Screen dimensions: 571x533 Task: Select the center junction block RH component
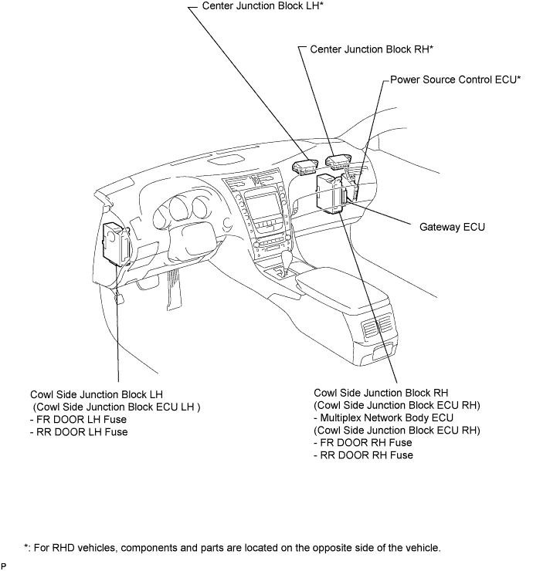point(338,161)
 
